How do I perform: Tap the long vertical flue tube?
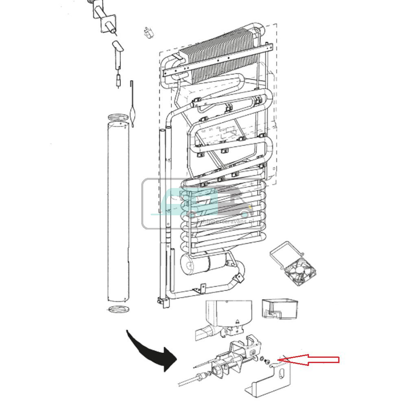(x=118, y=212)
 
